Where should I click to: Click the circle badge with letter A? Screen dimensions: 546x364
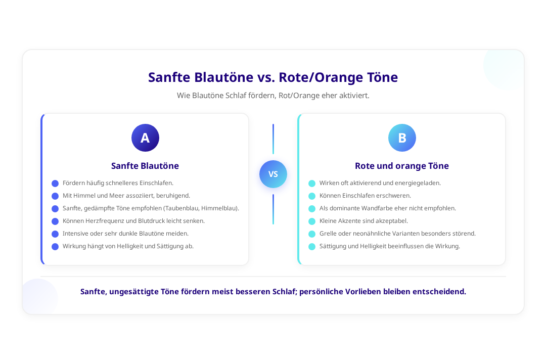pyautogui.click(x=145, y=138)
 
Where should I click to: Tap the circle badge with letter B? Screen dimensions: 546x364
pyautogui.click(x=402, y=138)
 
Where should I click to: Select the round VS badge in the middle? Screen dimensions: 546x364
pyautogui.click(x=273, y=174)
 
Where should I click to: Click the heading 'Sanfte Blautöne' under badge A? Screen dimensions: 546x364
pyautogui.click(x=145, y=166)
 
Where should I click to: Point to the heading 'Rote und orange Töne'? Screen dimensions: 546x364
pyautogui.click(x=402, y=166)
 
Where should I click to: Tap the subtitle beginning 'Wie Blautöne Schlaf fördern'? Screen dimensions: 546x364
pyautogui.click(x=273, y=96)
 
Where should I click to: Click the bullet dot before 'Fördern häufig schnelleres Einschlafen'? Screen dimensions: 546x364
pyautogui.click(x=55, y=184)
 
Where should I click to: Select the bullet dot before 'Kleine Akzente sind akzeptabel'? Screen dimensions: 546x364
pyautogui.click(x=312, y=221)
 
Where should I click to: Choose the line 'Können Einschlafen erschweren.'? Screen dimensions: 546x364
pyautogui.click(x=366, y=196)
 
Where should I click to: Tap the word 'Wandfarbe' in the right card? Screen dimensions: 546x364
pyautogui.click(x=376, y=208)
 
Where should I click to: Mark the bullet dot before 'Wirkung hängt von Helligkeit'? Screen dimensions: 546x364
pyautogui.click(x=55, y=247)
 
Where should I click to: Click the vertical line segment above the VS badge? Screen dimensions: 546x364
pyautogui.click(x=273, y=139)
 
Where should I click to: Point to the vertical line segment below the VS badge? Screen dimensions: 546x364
pyautogui.click(x=273, y=209)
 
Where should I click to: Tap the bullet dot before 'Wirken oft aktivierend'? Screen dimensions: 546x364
pyautogui.click(x=312, y=184)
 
